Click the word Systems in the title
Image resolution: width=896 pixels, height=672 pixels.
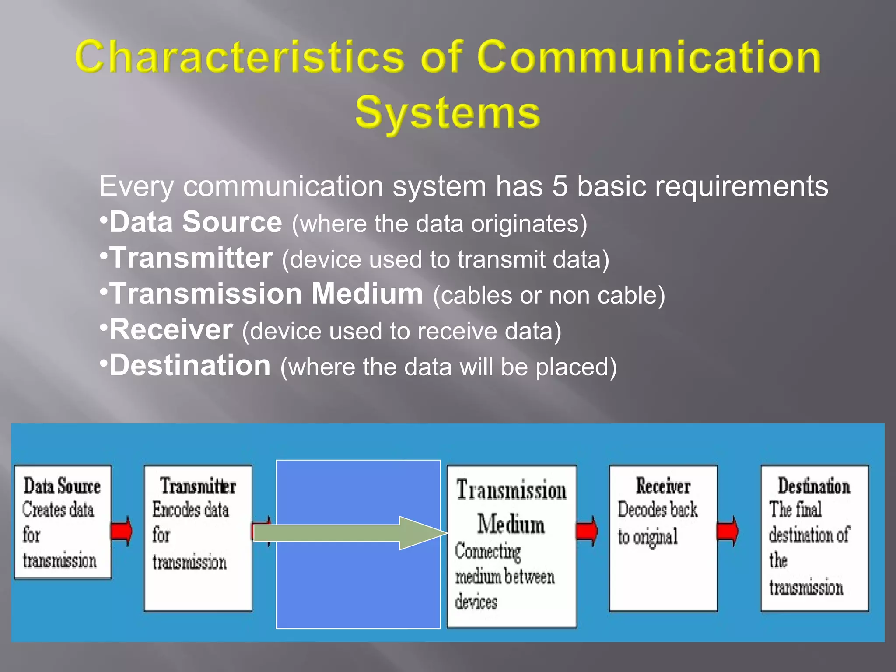448,113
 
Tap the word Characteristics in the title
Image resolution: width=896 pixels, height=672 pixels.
240,57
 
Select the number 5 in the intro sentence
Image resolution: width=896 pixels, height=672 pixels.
560,186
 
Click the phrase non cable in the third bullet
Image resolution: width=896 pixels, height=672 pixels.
602,296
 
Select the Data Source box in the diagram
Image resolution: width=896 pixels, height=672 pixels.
63,522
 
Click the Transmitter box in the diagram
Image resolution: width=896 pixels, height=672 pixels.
198,538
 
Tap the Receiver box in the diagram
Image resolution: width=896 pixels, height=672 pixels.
662,538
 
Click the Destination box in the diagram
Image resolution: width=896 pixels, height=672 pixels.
814,538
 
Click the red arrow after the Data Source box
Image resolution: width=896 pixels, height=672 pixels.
122,531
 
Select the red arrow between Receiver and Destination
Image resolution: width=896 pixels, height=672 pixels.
728,531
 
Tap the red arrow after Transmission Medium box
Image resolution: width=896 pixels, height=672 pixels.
587,531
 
